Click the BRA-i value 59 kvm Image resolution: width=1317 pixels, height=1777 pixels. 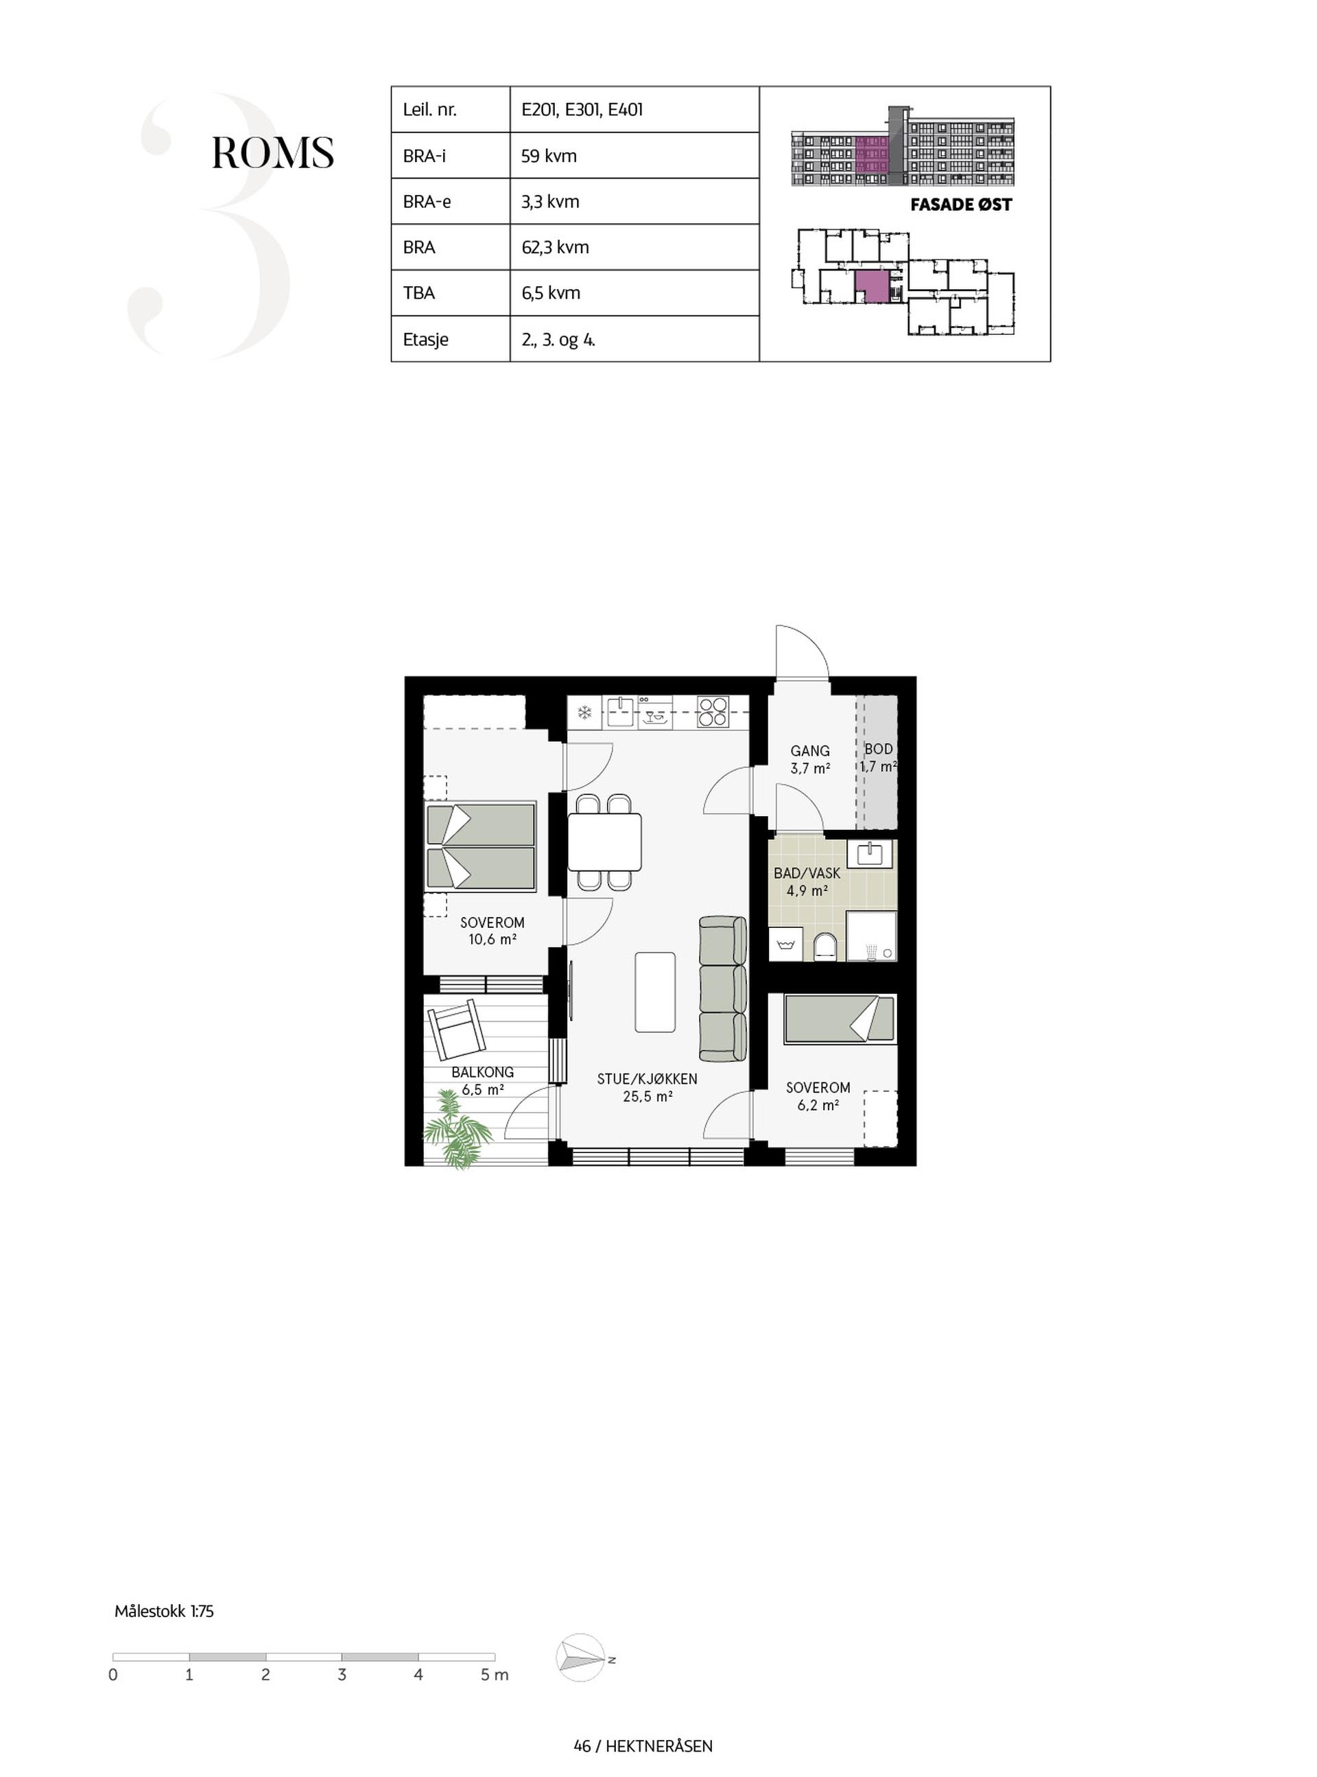pos(549,156)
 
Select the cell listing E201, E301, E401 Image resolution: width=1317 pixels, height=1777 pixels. pos(634,109)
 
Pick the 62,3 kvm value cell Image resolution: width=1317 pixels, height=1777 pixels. pos(634,247)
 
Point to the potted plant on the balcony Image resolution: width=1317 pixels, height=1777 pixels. pos(458,1129)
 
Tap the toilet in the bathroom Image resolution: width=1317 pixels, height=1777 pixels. pos(825,946)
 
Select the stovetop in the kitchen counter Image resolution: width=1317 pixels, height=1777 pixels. pos(713,712)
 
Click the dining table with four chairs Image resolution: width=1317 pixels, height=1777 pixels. pos(604,841)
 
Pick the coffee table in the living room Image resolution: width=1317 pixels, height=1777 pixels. pos(655,991)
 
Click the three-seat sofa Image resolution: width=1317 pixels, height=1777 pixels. pos(723,989)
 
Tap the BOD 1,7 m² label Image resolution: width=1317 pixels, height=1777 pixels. pos(879,758)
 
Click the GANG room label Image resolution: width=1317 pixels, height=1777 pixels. pos(810,750)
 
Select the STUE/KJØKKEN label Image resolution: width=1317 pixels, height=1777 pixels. pos(648,1079)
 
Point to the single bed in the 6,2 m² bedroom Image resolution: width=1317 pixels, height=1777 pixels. pos(840,1019)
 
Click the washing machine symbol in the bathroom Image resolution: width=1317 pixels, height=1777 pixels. pos(786,945)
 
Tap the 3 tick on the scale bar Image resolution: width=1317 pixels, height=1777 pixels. pos(342,1675)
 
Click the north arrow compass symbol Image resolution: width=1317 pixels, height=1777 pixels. pos(581,1658)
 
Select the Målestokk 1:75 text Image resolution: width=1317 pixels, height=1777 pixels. pos(164,1611)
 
